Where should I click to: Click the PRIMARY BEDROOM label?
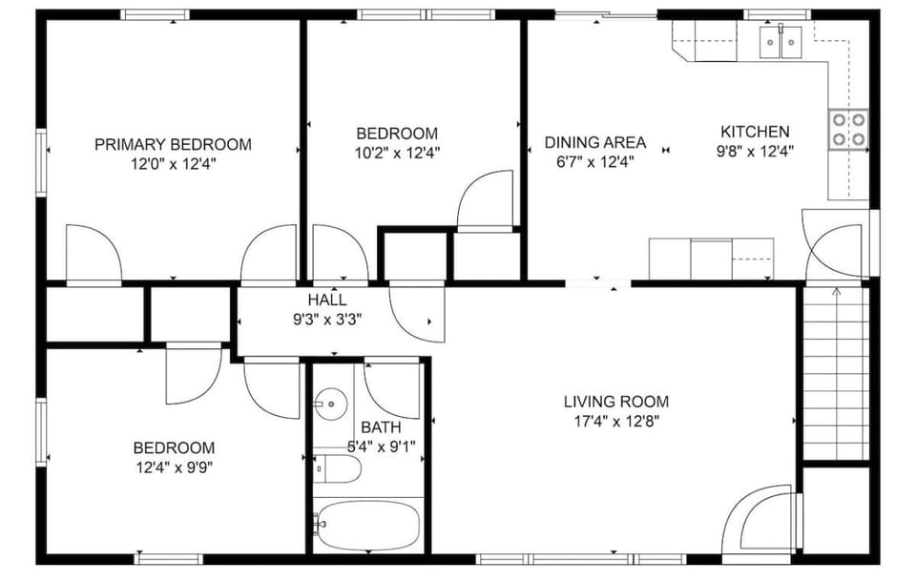pyautogui.click(x=173, y=144)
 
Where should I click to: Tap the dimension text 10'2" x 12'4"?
pyautogui.click(x=397, y=152)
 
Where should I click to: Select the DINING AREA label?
pyautogui.click(x=594, y=142)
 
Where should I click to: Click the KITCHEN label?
pyautogui.click(x=754, y=132)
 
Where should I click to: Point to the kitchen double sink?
pyautogui.click(x=781, y=42)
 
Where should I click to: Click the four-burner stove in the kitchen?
pyautogui.click(x=847, y=130)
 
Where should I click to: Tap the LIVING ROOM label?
pyautogui.click(x=615, y=402)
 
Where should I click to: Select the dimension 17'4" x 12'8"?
pyautogui.click(x=615, y=420)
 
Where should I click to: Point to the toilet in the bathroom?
pyautogui.click(x=339, y=468)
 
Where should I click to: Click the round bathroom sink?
pyautogui.click(x=329, y=405)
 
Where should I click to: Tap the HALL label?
pyautogui.click(x=320, y=300)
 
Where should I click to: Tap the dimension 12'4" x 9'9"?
pyautogui.click(x=173, y=467)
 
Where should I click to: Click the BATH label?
pyautogui.click(x=381, y=427)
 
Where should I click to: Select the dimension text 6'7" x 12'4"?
pyautogui.click(x=594, y=160)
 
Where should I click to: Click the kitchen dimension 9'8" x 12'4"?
pyautogui.click(x=754, y=150)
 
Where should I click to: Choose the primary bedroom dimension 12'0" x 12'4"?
pyautogui.click(x=173, y=163)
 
